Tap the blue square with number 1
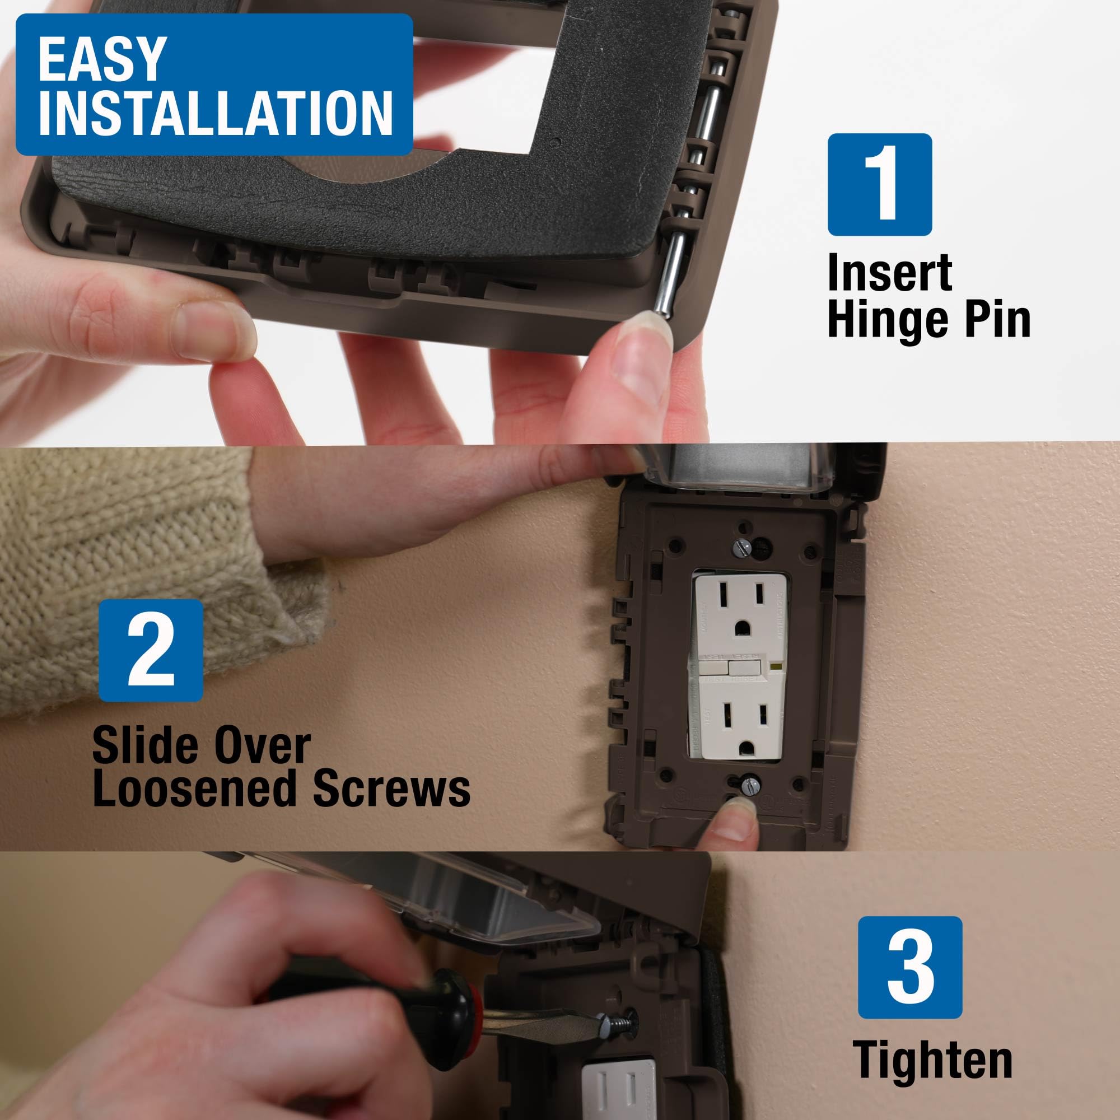tap(879, 184)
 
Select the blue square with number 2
tap(151, 650)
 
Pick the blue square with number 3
tap(909, 968)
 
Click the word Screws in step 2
tap(392, 789)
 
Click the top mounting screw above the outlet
tap(741, 547)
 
